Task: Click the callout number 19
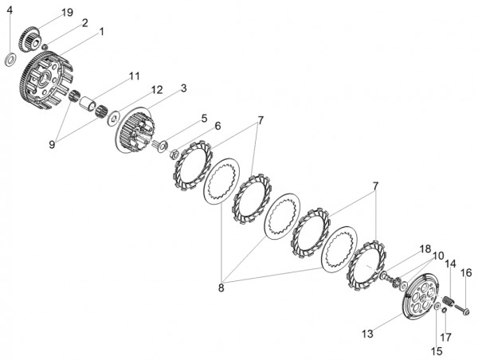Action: click(x=67, y=13)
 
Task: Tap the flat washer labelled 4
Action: click(x=10, y=59)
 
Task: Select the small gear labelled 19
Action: click(x=29, y=40)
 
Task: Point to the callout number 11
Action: click(x=134, y=76)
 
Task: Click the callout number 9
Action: click(x=52, y=144)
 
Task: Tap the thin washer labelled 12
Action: click(x=113, y=119)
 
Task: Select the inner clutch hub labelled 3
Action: click(x=135, y=130)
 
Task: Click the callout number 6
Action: click(x=217, y=126)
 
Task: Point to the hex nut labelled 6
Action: click(x=174, y=155)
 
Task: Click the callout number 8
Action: click(x=221, y=288)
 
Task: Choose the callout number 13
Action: click(x=367, y=334)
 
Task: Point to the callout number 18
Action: click(x=426, y=248)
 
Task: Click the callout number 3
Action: click(x=183, y=88)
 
